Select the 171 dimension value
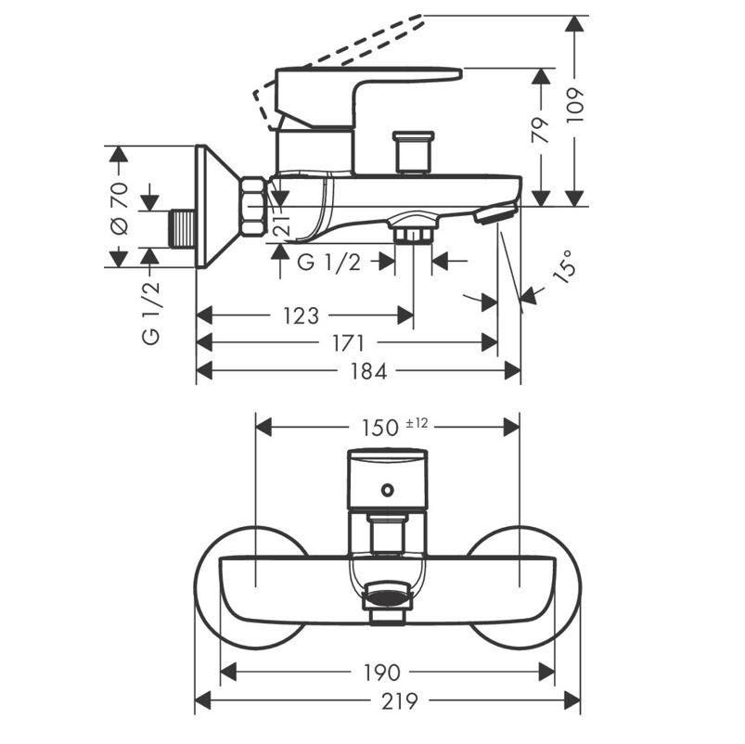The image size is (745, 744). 347,344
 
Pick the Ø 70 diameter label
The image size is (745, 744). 119,210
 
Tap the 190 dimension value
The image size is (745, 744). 381,672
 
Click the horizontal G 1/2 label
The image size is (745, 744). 328,263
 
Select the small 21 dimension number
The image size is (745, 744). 283,223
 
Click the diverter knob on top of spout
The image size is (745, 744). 413,150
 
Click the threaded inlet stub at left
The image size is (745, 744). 182,228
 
